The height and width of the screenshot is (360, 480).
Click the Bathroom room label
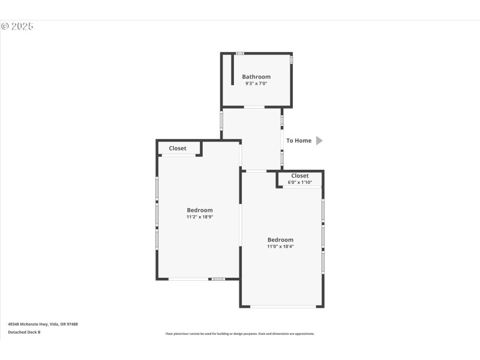coord(256,77)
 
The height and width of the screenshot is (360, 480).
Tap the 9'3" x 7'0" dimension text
coord(256,84)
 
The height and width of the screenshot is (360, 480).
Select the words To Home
coord(299,140)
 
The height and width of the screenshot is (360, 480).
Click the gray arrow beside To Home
coord(319,140)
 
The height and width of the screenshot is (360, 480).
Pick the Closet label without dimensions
coord(178,148)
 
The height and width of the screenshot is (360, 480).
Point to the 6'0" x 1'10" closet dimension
coord(300,182)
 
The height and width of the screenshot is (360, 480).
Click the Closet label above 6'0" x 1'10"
coord(300,176)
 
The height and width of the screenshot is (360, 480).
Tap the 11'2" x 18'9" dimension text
coord(200,217)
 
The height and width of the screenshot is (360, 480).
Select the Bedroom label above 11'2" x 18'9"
coord(200,210)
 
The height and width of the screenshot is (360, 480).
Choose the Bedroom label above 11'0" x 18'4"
coord(280,240)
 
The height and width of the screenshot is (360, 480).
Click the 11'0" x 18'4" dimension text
coord(280,247)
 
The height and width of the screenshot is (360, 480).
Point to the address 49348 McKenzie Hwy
coord(43,324)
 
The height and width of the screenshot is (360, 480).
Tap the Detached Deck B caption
coord(24,332)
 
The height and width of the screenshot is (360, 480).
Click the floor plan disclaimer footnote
coord(240,334)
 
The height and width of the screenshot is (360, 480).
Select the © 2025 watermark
coord(17,26)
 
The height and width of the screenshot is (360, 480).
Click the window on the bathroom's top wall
coord(239,53)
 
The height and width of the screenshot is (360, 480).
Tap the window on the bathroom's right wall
coord(292,60)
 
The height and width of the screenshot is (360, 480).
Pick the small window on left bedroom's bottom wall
coord(218,279)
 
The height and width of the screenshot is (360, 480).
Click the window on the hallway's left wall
coord(221,120)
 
